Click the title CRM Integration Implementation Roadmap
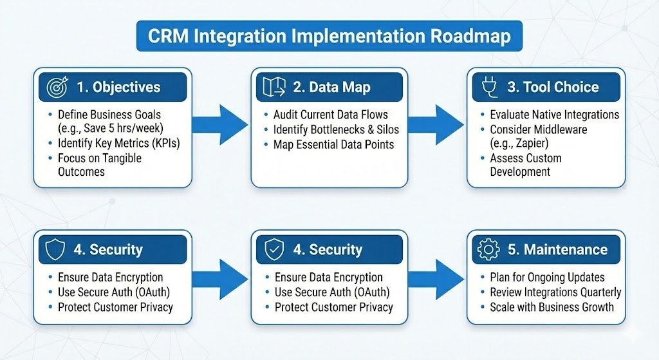(329, 35)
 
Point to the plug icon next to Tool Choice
(487, 86)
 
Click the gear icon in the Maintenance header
(487, 249)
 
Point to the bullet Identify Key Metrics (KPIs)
(118, 143)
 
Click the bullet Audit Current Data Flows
(330, 115)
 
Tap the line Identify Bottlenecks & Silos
(336, 129)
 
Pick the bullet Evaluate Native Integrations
(554, 115)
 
